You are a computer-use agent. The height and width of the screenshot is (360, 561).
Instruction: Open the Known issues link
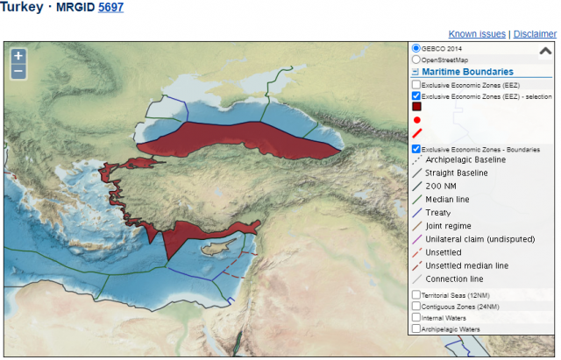(477, 33)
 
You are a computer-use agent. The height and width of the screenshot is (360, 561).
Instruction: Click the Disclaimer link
(535, 33)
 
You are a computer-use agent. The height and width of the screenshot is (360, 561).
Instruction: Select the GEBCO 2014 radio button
(416, 48)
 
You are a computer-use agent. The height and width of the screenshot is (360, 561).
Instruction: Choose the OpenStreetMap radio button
(416, 60)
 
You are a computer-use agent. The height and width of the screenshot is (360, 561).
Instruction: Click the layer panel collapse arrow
(544, 52)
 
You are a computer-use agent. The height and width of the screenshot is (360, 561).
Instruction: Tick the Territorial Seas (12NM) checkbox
(416, 295)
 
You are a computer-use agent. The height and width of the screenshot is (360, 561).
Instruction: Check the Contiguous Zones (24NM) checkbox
(416, 307)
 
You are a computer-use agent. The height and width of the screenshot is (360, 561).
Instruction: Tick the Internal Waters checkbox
(416, 318)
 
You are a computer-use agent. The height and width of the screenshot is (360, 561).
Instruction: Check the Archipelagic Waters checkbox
(416, 329)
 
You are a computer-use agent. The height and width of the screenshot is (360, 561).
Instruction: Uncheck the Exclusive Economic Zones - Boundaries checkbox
(416, 150)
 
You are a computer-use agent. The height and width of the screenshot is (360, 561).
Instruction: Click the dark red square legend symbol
(417, 106)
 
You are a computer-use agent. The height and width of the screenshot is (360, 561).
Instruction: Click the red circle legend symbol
(417, 120)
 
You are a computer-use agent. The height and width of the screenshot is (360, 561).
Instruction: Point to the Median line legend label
(447, 200)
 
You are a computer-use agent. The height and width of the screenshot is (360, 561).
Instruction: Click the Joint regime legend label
(448, 226)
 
